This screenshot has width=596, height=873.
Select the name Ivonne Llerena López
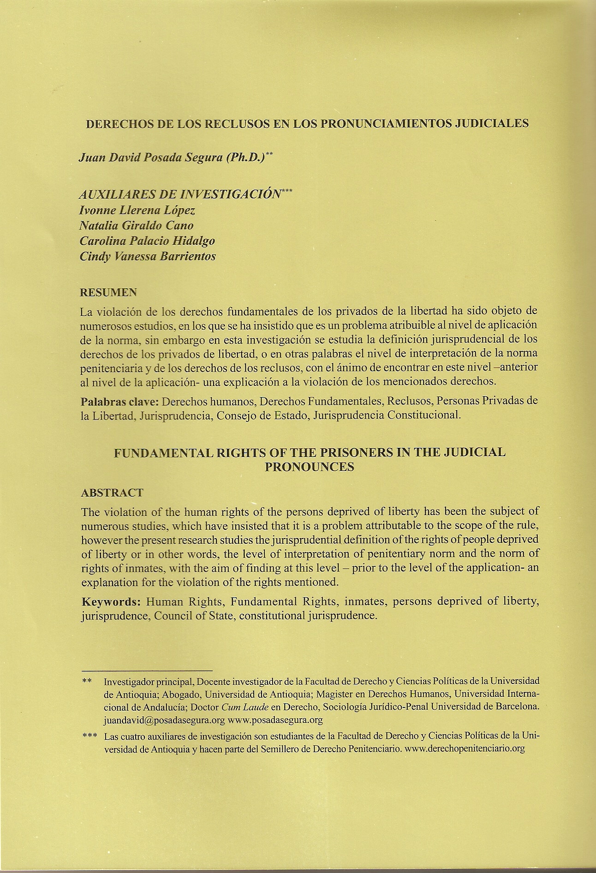(x=137, y=210)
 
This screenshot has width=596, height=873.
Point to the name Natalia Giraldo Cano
(x=136, y=226)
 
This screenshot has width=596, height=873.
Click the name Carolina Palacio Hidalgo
(x=147, y=241)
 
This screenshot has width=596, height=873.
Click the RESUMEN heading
(x=108, y=292)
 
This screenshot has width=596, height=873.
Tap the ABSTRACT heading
(x=112, y=493)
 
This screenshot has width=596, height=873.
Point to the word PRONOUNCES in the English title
(x=309, y=467)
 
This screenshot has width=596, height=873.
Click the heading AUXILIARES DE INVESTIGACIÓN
(x=180, y=194)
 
